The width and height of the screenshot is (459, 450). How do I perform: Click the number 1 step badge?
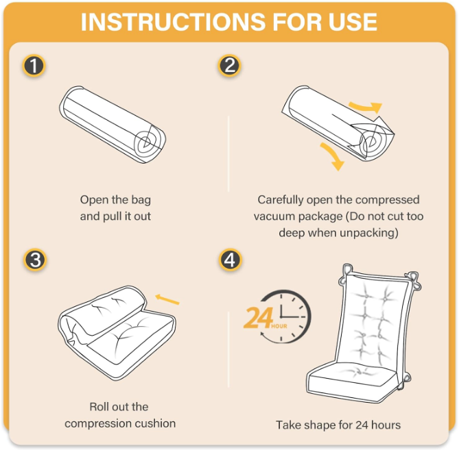(34, 66)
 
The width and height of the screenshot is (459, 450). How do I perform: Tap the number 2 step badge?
(229, 66)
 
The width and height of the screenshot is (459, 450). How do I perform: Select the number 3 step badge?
(35, 260)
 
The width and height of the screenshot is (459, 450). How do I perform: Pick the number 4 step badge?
(230, 260)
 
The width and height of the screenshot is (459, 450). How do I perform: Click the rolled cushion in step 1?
(113, 125)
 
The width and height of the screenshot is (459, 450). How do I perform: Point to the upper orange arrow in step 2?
(366, 108)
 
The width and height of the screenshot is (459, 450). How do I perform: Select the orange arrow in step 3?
(167, 299)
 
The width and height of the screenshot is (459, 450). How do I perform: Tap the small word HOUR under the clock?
(279, 326)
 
